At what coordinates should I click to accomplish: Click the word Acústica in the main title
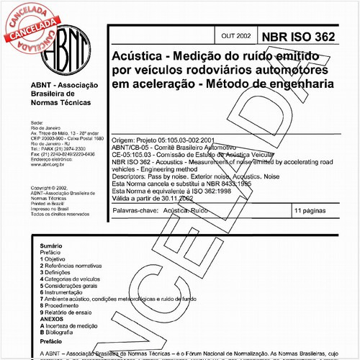click(137, 56)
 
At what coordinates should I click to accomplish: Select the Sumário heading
click(51, 245)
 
